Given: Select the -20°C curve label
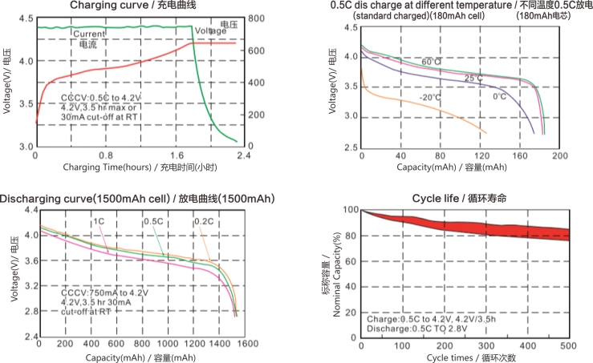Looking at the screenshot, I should (429, 98).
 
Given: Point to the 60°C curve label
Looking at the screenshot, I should (432, 62).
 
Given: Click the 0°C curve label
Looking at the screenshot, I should (499, 96).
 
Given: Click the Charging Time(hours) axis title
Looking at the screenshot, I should (139, 167).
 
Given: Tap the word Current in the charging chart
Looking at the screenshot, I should (88, 34).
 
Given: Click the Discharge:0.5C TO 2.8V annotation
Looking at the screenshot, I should (416, 328).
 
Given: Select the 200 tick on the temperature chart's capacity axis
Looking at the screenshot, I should (559, 155).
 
